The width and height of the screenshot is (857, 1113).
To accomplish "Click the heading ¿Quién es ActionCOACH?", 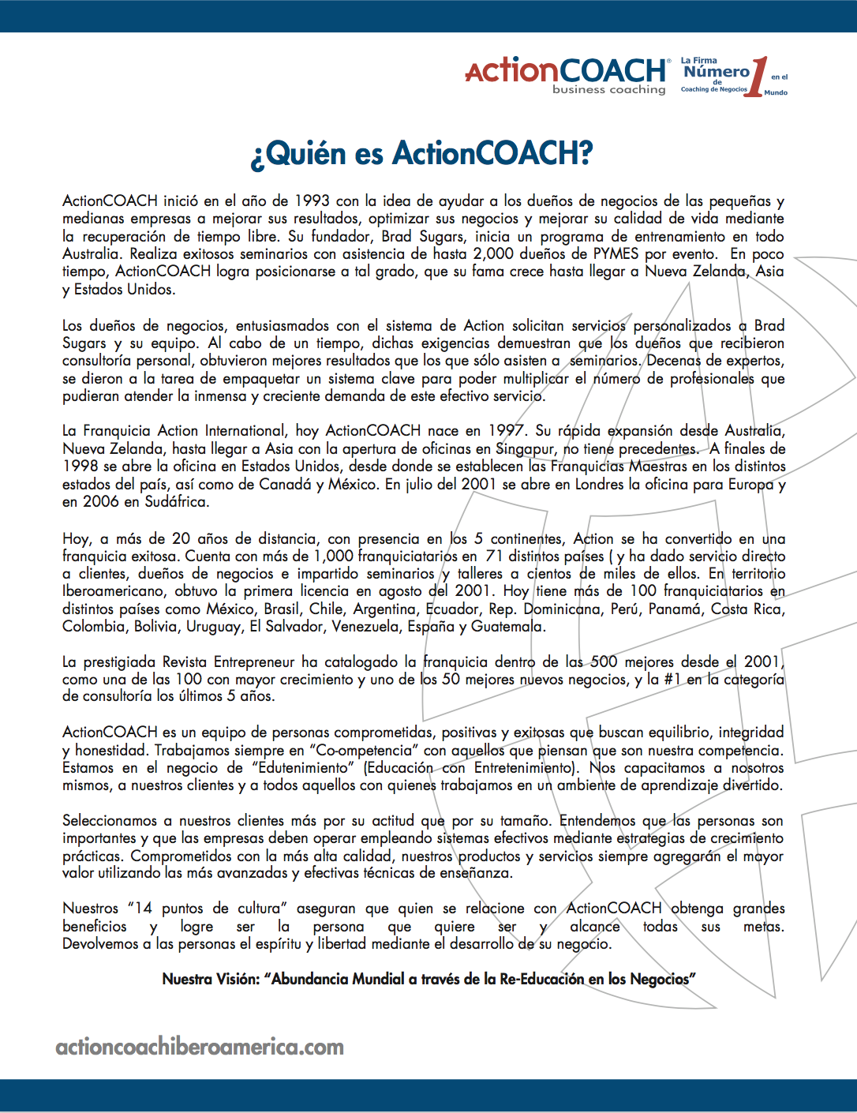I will coord(421,153).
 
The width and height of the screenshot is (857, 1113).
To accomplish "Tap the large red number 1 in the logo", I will coord(756,77).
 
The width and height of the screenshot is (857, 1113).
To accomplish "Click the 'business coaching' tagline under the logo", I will coord(608,90).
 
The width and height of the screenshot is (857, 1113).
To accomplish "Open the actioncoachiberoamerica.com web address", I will coord(200,1047).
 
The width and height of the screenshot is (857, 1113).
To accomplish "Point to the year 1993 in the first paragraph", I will coord(312,201).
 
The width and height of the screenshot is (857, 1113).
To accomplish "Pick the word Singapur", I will coord(525,449).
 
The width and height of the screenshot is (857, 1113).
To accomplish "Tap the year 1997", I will coord(506,431).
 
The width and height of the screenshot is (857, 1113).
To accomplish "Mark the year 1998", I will coord(80,467).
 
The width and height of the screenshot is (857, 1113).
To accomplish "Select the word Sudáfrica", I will coord(177,501).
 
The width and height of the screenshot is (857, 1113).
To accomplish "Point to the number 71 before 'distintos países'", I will coord(495,556).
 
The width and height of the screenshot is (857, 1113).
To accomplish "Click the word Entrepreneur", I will coord(255,662).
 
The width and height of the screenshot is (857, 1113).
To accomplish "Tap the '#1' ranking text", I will coord(672,680).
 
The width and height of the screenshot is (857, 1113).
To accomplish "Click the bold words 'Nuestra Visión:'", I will coord(211,980).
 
